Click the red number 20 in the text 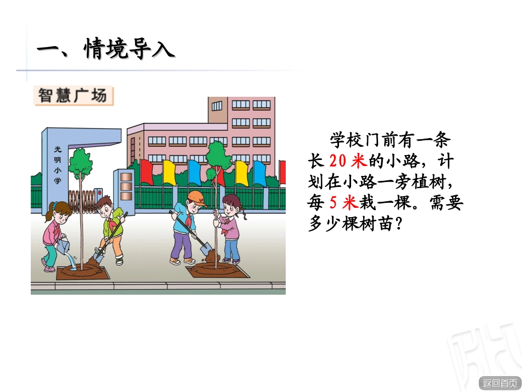(x=337, y=161)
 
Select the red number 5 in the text (x=333, y=203)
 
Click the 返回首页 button (x=499, y=383)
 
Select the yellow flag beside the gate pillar (x=169, y=172)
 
